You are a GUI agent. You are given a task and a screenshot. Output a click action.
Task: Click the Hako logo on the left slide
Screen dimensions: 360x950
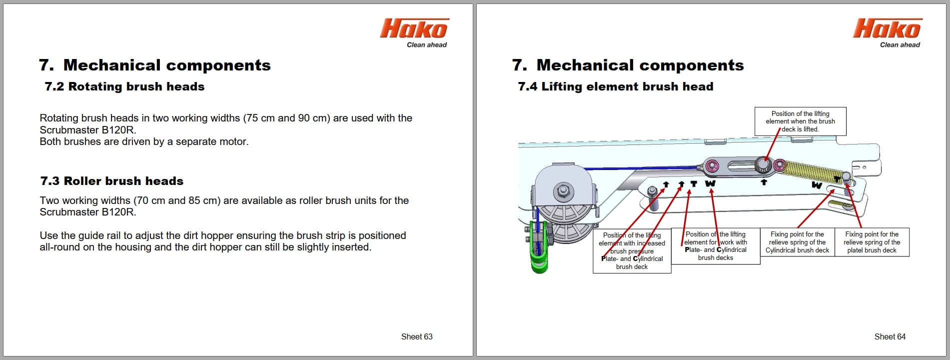[x=414, y=28]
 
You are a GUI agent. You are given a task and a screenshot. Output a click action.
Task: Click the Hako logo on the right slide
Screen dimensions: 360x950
[x=887, y=28]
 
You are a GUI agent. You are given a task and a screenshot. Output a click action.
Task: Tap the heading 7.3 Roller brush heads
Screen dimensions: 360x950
[x=112, y=181]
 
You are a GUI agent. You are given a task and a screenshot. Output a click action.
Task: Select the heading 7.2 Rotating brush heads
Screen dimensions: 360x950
[x=124, y=86]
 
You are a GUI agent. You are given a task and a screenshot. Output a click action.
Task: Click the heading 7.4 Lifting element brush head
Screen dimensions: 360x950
[x=615, y=86]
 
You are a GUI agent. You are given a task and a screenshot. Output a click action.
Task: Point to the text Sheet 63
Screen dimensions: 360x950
[x=416, y=336]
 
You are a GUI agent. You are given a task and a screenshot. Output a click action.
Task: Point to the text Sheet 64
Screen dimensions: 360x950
[x=890, y=336]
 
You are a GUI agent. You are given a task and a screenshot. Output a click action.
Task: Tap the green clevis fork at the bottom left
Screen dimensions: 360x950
[x=539, y=260]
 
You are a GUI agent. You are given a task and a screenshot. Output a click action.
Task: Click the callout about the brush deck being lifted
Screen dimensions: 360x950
[x=800, y=121]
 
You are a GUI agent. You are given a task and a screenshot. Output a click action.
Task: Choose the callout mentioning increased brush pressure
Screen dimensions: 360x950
[x=632, y=250]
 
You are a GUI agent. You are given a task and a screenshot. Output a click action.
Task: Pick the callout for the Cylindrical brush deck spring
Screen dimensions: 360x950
[x=797, y=242]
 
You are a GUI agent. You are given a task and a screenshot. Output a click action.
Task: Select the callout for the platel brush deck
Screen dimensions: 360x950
[x=872, y=242]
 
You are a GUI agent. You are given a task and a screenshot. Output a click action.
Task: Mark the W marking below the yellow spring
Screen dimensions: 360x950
[x=817, y=185]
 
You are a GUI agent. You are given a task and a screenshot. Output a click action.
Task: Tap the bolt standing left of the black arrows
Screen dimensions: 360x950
[x=652, y=192]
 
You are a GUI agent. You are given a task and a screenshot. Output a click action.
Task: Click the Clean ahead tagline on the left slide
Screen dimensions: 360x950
[x=426, y=45]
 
